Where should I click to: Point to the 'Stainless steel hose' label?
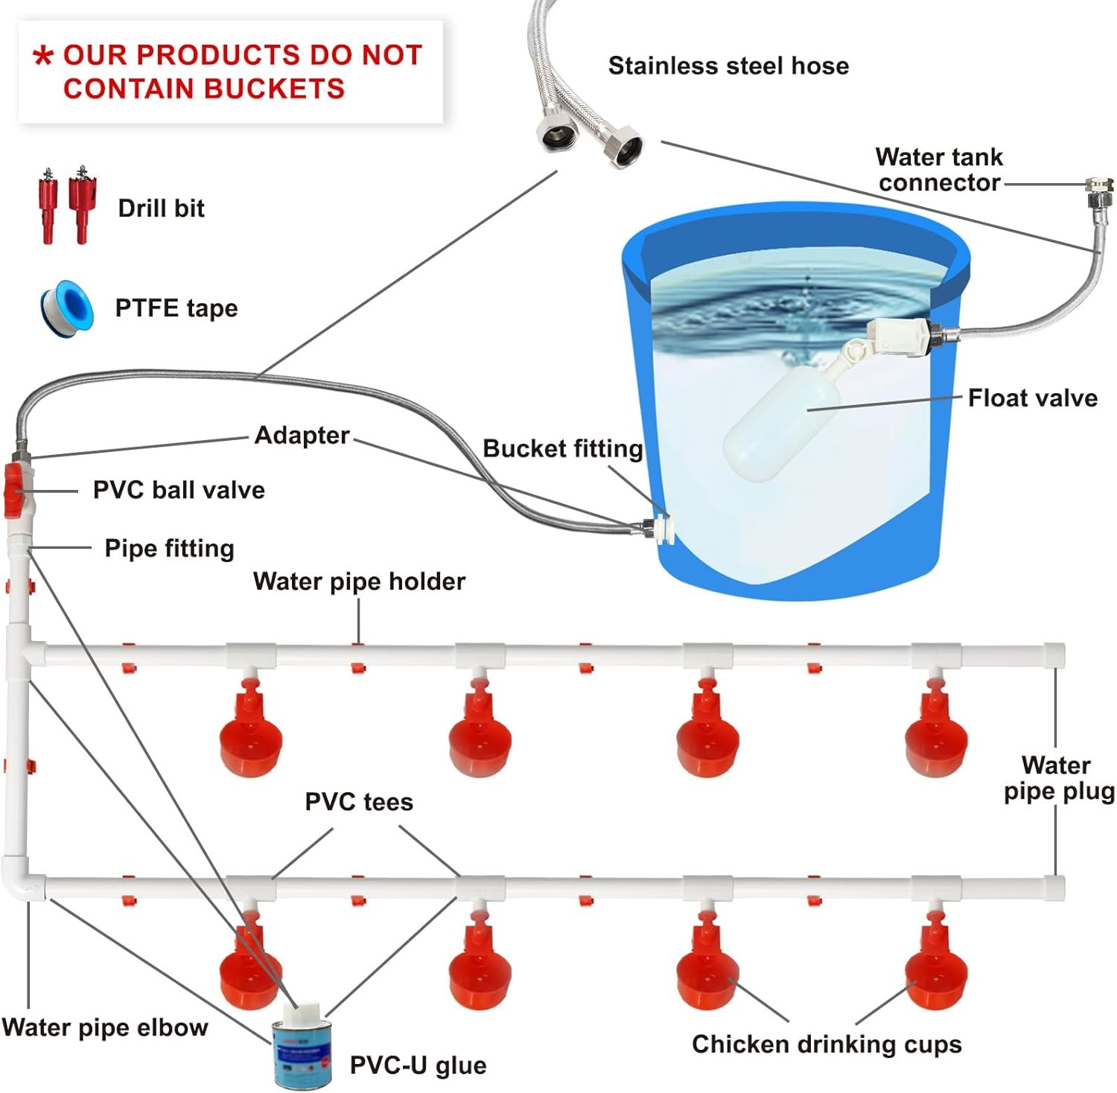coord(728,66)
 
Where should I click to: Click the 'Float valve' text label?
coord(1032,398)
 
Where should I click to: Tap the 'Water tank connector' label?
coord(939,170)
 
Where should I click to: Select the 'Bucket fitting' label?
coord(562,448)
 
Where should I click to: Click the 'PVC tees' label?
coord(358,802)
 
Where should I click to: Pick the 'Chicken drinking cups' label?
coord(827,1044)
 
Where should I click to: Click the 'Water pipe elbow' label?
coord(105,1027)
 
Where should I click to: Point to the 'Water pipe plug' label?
coord(1057,778)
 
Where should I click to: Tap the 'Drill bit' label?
coord(161,208)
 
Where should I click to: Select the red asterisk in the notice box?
coord(44,56)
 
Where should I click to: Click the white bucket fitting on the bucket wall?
coord(658,528)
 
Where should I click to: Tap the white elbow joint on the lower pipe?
coord(22,879)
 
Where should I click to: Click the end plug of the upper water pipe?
coord(1053,655)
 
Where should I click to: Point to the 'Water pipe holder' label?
coord(359,581)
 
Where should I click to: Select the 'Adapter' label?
coord(302,435)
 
